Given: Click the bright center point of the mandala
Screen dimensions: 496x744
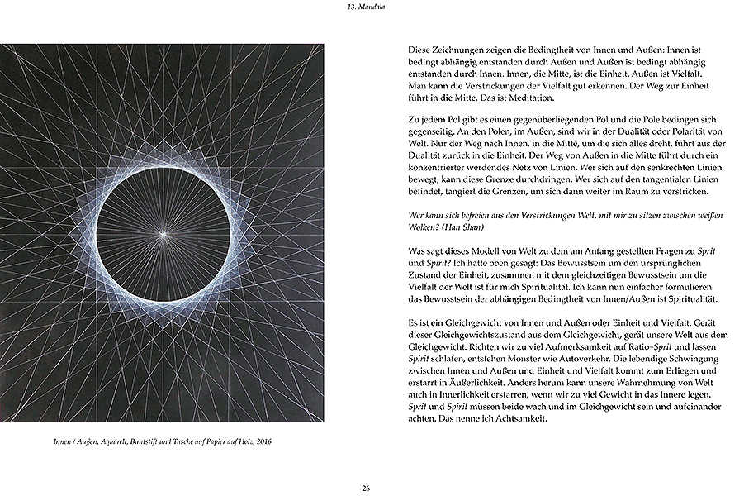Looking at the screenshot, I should coord(165,235).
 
